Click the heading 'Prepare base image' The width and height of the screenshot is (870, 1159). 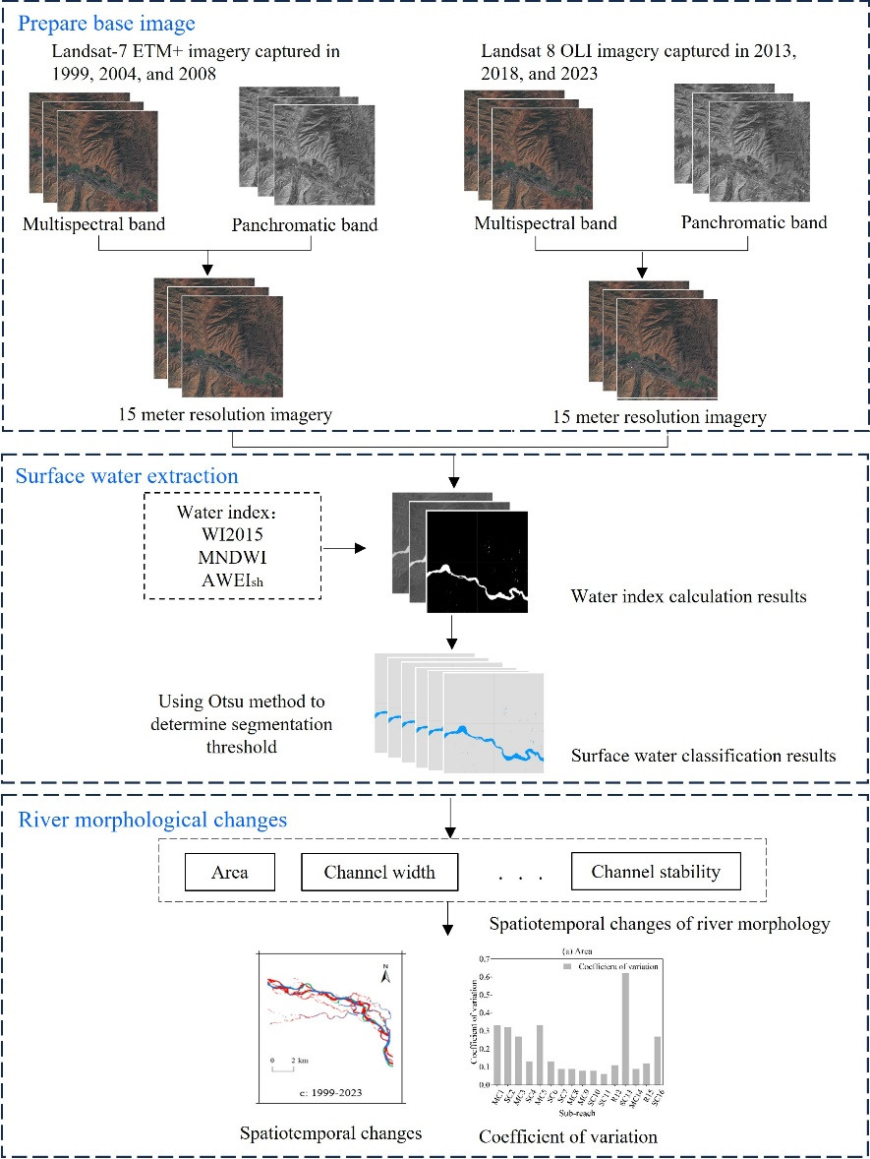pyautogui.click(x=106, y=23)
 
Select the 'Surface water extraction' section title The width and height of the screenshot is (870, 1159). pyautogui.click(x=127, y=477)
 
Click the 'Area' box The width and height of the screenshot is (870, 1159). pyautogui.click(x=229, y=872)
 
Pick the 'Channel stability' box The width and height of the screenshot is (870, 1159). pyautogui.click(x=656, y=872)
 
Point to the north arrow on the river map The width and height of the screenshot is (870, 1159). pyautogui.click(x=386, y=977)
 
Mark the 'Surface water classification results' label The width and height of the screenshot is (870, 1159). pyautogui.click(x=703, y=756)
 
